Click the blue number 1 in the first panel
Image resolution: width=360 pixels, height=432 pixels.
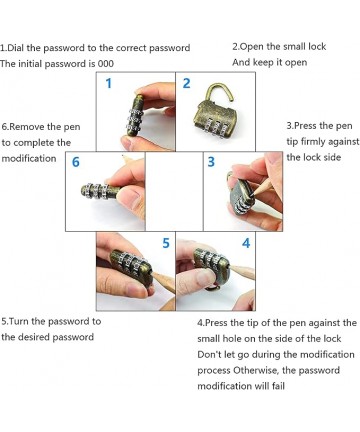pos(108,83)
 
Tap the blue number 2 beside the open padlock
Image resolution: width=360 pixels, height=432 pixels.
pos(186,83)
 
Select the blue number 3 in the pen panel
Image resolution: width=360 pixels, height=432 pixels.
pos(211,162)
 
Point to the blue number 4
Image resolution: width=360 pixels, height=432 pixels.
pos(246,243)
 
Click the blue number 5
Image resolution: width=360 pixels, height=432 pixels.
pos(166,243)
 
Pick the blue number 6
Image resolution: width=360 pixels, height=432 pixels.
pos(76,162)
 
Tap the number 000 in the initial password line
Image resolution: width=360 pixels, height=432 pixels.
pos(105,64)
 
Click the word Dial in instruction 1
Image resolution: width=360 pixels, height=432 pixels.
pos(15,48)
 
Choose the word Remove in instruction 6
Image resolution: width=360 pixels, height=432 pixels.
pos(27,127)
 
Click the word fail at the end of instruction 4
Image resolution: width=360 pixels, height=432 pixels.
pos(278,386)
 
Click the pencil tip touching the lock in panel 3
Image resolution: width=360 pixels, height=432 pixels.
pos(254,195)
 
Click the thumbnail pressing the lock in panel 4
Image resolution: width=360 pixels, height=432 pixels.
pos(204,276)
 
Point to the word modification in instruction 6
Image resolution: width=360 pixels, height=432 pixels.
pos(29,158)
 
